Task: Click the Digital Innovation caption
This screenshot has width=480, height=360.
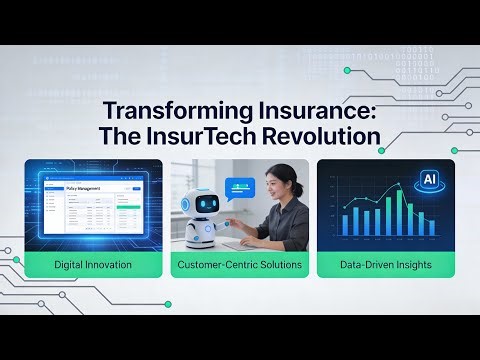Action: [93, 265]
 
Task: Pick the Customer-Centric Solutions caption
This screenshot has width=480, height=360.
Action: [239, 265]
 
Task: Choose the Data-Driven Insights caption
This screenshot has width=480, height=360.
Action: [385, 265]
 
